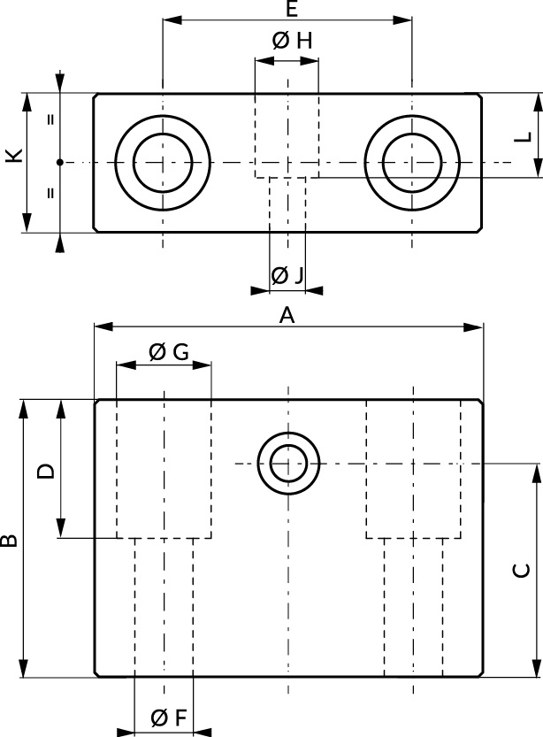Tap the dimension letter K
pyautogui.click(x=11, y=157)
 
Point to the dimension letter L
pyautogui.click(x=523, y=136)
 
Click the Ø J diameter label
pyautogui.click(x=287, y=275)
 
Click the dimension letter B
pyautogui.click(x=9, y=539)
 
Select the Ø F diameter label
pyautogui.click(x=168, y=718)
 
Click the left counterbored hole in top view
pyautogui.click(x=163, y=163)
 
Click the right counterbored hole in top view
pyautogui.click(x=412, y=163)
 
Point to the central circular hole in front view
pyautogui.click(x=288, y=464)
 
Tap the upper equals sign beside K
pyautogui.click(x=50, y=119)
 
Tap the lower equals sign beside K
pyautogui.click(x=50, y=192)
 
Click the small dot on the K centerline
pyautogui.click(x=59, y=162)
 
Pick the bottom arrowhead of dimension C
pyautogui.click(x=536, y=670)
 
